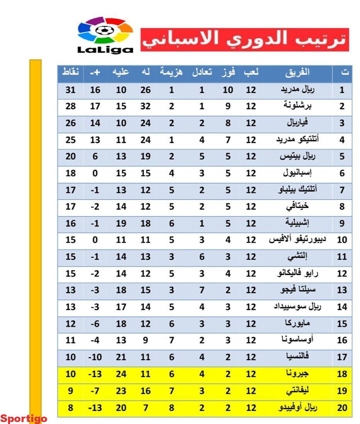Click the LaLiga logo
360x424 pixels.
point(105,35)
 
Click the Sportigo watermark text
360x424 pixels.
point(24,419)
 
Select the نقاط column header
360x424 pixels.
point(71,73)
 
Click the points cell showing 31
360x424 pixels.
point(71,90)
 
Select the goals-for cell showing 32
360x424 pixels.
point(145,107)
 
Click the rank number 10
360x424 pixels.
point(342,240)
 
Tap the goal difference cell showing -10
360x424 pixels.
point(95,357)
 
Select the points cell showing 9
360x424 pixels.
point(71,391)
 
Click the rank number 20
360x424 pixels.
point(342,407)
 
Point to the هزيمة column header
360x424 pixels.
point(172,73)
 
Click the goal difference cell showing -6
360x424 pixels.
point(95,324)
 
